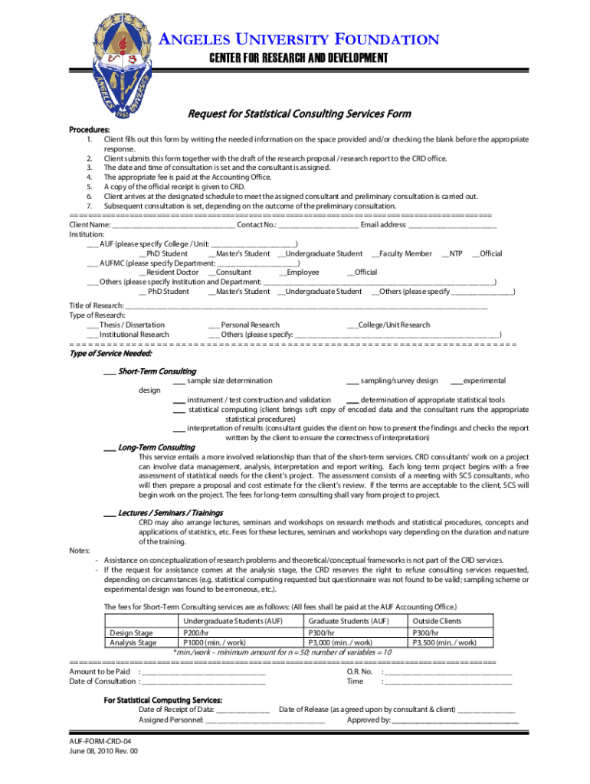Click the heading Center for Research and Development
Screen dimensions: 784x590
300,59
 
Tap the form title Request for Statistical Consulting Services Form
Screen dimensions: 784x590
300,114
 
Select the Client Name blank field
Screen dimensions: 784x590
173,226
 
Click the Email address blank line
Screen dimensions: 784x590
452,226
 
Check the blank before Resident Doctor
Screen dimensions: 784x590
143,273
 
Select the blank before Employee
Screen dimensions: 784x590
282,273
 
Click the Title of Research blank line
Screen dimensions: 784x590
306,306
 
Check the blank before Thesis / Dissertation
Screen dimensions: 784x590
92,325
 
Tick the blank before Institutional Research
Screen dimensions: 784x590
92,335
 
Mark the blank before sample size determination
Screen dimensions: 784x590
179,381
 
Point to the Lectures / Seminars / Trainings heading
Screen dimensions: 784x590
169,512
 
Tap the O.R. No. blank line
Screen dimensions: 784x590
447,672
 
